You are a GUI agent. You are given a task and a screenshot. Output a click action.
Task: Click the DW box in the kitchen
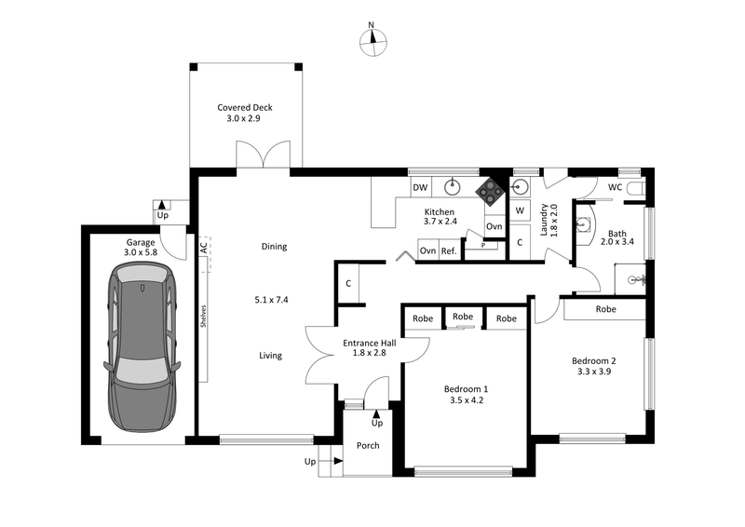420,187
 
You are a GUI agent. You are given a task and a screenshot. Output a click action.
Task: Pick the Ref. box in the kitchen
449,250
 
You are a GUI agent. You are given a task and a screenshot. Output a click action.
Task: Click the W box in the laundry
521,210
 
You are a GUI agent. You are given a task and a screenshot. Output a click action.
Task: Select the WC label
615,187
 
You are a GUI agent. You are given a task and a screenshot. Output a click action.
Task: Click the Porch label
368,445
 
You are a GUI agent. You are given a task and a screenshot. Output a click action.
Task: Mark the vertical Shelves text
203,317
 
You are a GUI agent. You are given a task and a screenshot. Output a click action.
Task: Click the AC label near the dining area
203,248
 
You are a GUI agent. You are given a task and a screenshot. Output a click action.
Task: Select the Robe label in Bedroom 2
605,308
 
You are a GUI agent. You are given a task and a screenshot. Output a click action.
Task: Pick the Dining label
274,247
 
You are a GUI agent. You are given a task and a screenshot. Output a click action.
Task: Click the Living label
270,356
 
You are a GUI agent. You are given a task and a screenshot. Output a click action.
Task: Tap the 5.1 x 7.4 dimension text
271,300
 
